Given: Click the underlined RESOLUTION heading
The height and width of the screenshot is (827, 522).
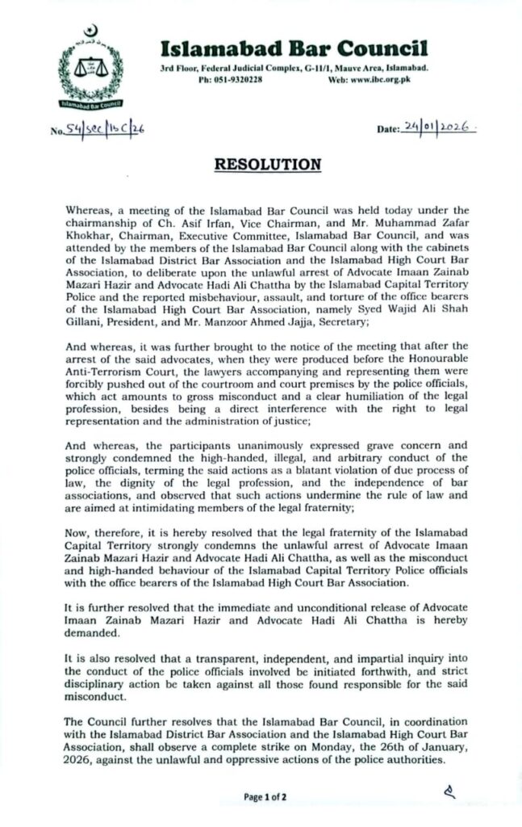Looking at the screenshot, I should click(x=266, y=165).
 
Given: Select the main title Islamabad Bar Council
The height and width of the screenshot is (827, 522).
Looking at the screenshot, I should click(x=294, y=50).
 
